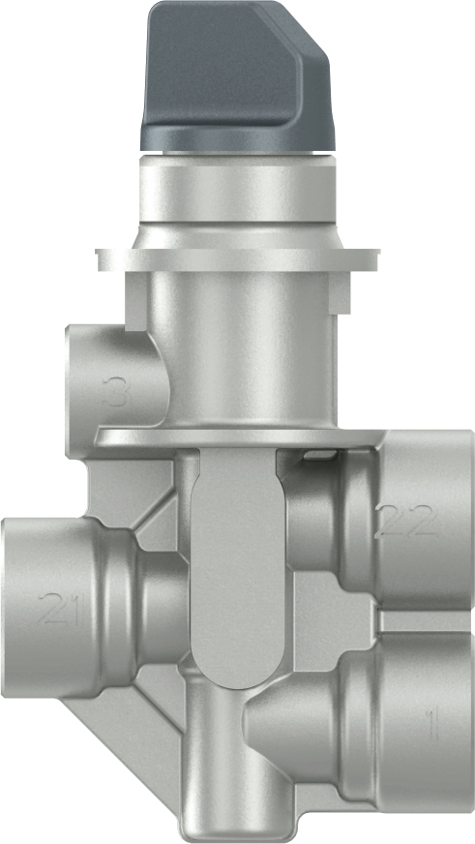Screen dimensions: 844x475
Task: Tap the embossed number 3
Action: click(x=117, y=393)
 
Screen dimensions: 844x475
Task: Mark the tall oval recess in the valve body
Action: click(x=236, y=561)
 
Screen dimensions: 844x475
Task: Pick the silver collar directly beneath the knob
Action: click(x=237, y=194)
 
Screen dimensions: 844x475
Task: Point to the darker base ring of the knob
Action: click(x=237, y=138)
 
